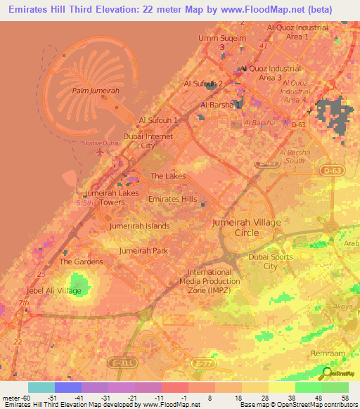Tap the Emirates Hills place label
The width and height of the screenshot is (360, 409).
coord(172,199)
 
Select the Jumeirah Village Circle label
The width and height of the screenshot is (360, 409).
coord(246,227)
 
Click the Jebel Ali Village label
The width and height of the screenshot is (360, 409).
coord(55,290)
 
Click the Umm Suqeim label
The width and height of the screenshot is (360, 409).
coord(222,38)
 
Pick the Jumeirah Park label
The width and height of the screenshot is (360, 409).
coord(143,250)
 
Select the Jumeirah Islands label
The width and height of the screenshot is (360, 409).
coord(139,226)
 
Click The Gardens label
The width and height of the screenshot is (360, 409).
coord(81,261)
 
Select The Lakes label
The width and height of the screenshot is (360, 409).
coord(168,176)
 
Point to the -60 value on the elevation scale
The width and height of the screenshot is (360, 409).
coord(21,397)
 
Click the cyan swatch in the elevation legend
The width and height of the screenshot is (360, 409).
coord(41,387)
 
